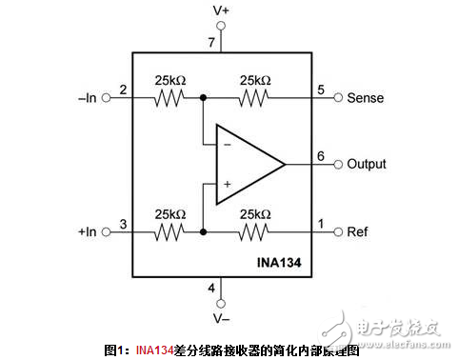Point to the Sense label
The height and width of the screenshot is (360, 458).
[x=366, y=97]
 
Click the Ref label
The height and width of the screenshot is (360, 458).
[x=358, y=231]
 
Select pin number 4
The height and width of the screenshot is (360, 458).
[x=212, y=288]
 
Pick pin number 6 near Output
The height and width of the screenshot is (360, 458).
[x=320, y=156]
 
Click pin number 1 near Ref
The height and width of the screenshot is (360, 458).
[x=320, y=224]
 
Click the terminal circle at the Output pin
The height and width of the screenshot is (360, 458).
[x=339, y=164]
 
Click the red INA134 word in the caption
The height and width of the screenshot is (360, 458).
[x=153, y=350]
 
